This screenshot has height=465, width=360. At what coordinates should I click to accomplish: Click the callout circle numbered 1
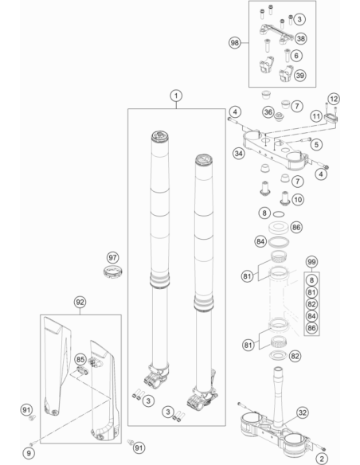coord(176,96)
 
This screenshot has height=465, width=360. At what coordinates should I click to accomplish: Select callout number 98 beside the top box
coord(235,43)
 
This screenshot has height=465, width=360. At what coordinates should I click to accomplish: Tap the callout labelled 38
coord(301,38)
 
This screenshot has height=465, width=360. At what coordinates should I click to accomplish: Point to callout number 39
coord(300,76)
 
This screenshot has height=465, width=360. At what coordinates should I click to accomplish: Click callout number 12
coord(334,99)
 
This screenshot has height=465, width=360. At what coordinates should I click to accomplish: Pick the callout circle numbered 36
coord(268,112)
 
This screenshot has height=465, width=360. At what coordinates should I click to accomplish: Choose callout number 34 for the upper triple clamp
coord(239,154)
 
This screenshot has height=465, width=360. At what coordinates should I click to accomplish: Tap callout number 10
coord(298,199)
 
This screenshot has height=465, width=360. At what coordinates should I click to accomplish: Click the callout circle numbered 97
coord(112,257)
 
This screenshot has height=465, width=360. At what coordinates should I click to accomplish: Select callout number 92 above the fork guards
coord(80,303)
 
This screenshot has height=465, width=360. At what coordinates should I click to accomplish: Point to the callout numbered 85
coord(80,360)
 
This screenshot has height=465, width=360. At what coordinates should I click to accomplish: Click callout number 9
coord(29,453)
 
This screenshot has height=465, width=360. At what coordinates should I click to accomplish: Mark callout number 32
coord(302,412)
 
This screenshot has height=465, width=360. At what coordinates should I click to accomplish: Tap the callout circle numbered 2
coord(321,459)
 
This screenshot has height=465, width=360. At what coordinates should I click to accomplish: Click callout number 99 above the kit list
coord(311,262)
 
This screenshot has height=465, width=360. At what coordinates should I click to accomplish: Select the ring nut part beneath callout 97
coord(113,272)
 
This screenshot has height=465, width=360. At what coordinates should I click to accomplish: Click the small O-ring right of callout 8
coord(279,214)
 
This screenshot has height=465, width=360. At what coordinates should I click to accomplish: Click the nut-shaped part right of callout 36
coord(279,116)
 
